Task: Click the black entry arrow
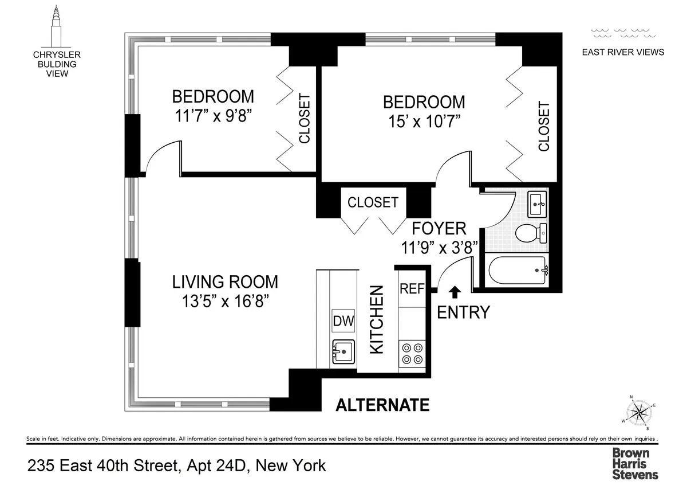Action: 455,292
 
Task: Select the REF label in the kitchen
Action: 412,289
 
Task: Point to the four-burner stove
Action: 412,353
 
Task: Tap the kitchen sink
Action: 343,351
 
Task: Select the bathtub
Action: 517,269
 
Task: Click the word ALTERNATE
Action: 382,405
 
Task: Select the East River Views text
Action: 623,52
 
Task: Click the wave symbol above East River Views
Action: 623,32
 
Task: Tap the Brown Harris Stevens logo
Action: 635,463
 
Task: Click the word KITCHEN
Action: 376,319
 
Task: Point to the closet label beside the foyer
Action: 373,202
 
